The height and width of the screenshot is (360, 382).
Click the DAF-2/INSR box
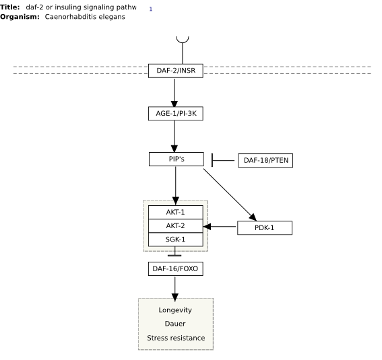pyautogui.click(x=176, y=71)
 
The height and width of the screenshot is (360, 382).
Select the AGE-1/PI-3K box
pyautogui.click(x=176, y=114)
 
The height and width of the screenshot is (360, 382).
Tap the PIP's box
pyautogui.click(x=177, y=159)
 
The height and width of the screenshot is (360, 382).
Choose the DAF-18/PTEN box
pyautogui.click(x=265, y=161)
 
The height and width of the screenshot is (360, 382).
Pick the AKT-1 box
pyautogui.click(x=176, y=213)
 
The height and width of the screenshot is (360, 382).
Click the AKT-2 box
pyautogui.click(x=176, y=226)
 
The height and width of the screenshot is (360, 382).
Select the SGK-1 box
pyautogui.click(x=176, y=240)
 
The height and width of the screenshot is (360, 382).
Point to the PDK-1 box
pyautogui.click(x=265, y=228)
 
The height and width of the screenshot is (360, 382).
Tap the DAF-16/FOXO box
pyautogui.click(x=176, y=268)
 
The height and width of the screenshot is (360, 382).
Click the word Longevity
pyautogui.click(x=175, y=310)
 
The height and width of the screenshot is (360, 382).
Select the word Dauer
pyautogui.click(x=175, y=324)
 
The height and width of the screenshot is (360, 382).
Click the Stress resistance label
pyautogui.click(x=176, y=338)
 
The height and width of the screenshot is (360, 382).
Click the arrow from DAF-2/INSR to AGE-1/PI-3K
pyautogui.click(x=174, y=93)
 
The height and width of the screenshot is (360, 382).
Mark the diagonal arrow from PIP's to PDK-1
pyautogui.click(x=230, y=195)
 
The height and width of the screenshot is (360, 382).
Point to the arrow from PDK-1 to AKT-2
pyautogui.click(x=220, y=227)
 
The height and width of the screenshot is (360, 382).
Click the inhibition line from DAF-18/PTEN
pyautogui.click(x=223, y=160)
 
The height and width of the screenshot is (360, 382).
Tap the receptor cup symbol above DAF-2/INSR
pyautogui.click(x=183, y=40)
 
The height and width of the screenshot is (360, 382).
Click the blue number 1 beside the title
pyautogui.click(x=151, y=9)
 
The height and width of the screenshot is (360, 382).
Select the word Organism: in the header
pyautogui.click(x=20, y=17)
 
